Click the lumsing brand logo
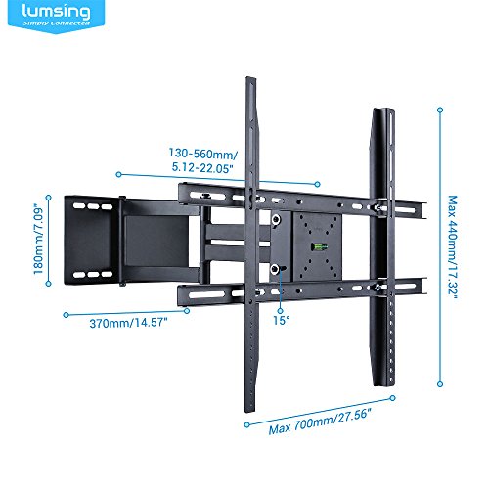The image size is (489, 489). coord(56,15)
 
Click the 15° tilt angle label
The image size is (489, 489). coord(282,320)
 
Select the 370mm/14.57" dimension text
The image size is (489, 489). coord(128,323)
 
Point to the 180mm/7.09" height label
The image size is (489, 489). coord(39,239)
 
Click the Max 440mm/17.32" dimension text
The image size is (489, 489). coord(453,247)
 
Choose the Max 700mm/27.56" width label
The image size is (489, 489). coord(320,422)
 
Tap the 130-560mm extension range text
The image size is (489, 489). coord(203,160)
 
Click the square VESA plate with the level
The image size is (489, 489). coord(318,246)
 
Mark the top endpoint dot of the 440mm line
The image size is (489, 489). coord(440,110)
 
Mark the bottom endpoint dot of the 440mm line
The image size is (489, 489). coord(440,384)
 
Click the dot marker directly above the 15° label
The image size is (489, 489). coord(280,310)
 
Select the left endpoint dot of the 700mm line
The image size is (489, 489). coord(246,424)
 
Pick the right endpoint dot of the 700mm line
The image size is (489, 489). coord(393,398)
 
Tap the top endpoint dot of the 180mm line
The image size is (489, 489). coord(49,198)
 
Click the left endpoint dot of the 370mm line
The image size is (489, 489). coord(66,315)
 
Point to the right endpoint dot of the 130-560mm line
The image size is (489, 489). coord(317,184)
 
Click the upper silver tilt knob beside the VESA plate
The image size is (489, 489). coord(277,218)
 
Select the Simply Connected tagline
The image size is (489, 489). coord(56,23)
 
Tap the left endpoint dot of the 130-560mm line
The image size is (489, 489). coord(118,175)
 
